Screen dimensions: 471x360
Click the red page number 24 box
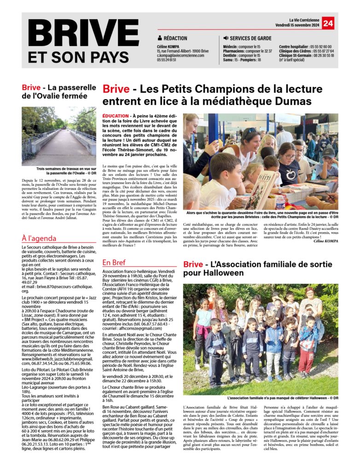point(328,23)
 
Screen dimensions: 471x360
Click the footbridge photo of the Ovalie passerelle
point(58,136)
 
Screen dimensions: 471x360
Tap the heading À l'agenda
point(40,238)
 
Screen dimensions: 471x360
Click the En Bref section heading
point(114,263)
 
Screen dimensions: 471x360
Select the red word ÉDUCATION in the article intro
point(116,116)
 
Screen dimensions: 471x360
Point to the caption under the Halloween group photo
point(282,398)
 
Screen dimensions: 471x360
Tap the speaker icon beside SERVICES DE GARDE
point(226,38)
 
